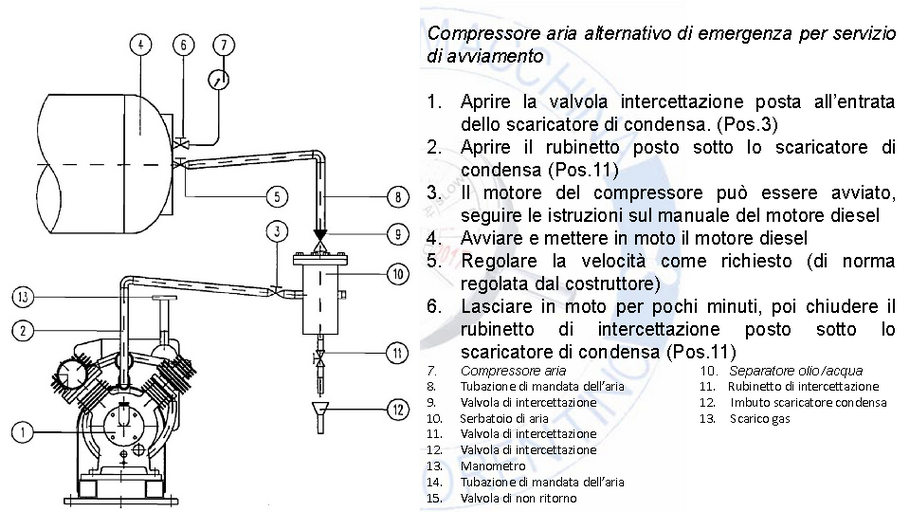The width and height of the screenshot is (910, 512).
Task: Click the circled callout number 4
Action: click(x=142, y=45)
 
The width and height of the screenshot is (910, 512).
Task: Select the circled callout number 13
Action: click(x=24, y=296)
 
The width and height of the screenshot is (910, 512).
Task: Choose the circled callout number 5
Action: click(x=276, y=194)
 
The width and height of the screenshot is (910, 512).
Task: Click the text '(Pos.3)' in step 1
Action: click(x=749, y=125)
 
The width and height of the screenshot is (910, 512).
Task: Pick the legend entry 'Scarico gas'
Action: click(x=759, y=418)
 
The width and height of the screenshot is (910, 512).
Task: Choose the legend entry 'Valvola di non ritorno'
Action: click(x=518, y=497)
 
